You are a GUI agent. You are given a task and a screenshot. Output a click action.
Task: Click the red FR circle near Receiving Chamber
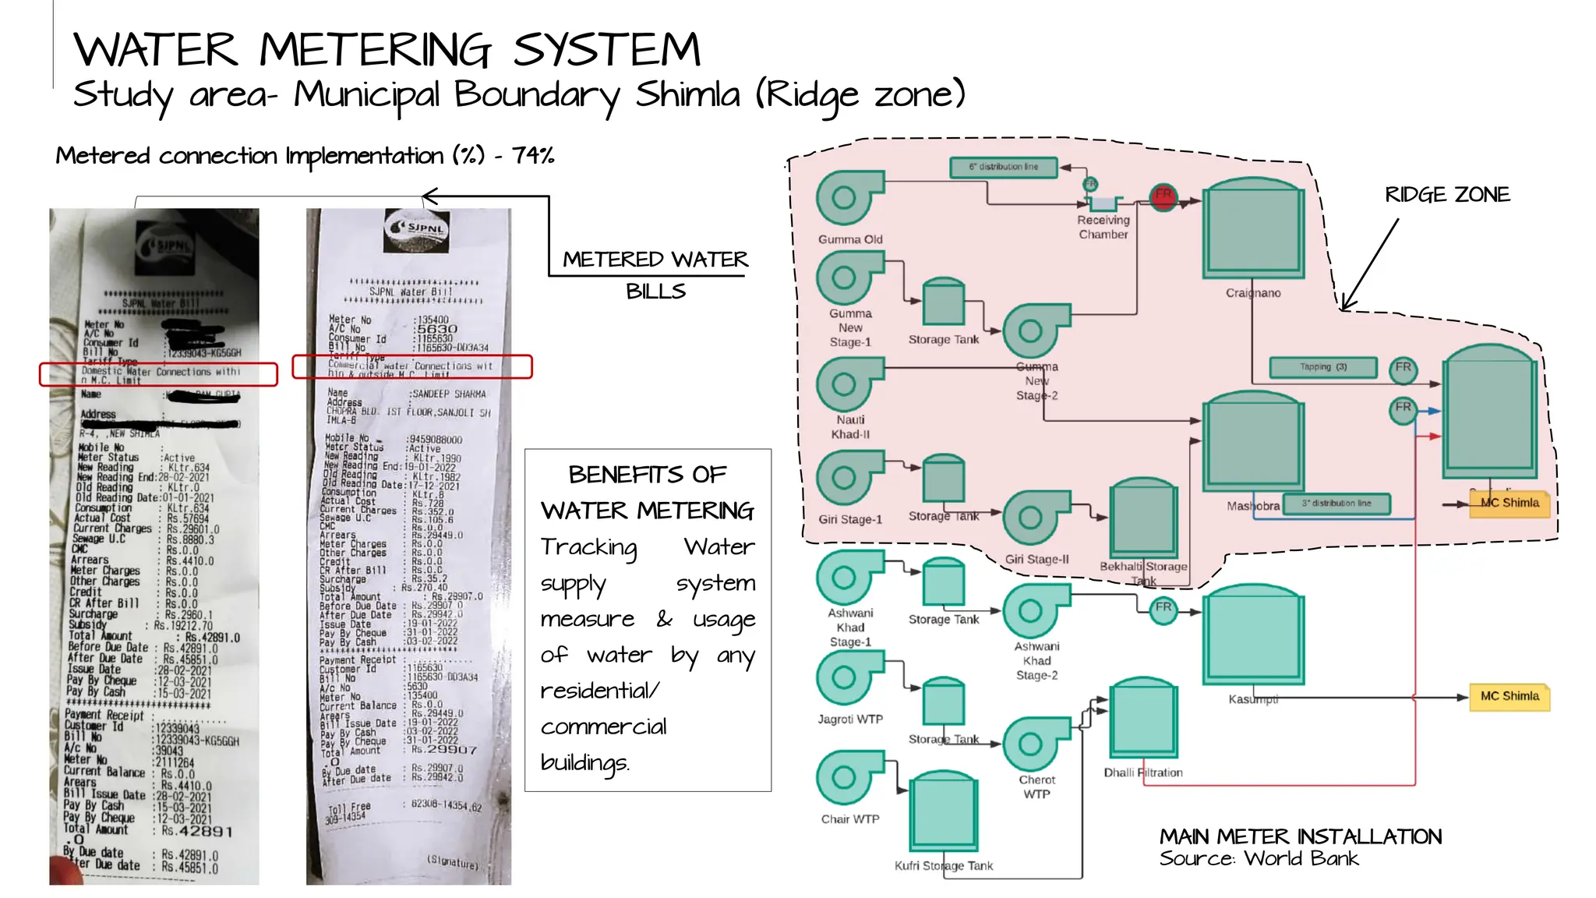click(1163, 197)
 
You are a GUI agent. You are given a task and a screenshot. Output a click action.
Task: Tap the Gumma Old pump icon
click(846, 198)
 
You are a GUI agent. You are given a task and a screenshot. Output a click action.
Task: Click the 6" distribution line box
click(1004, 167)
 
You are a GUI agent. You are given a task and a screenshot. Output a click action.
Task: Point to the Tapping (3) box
click(1322, 367)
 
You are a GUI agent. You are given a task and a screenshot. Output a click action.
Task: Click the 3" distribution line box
click(1336, 504)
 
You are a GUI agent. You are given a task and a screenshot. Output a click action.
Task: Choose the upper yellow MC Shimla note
click(1509, 503)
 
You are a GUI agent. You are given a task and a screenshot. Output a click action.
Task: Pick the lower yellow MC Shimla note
click(1509, 696)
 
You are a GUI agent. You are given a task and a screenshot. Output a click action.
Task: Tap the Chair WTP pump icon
click(846, 777)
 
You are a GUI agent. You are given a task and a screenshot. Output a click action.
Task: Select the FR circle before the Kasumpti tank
click(1163, 608)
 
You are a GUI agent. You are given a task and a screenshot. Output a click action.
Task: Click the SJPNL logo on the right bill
click(417, 228)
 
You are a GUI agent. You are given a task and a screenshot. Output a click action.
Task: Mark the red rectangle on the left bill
click(158, 374)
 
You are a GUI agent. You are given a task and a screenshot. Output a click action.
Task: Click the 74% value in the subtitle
click(533, 155)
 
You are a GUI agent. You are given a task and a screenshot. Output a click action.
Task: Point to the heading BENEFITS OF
click(647, 474)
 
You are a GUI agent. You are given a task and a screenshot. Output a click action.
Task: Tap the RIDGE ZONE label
click(1446, 195)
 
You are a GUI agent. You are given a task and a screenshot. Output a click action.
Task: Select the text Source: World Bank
click(1258, 859)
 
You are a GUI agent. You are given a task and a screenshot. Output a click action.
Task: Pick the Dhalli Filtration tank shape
click(1142, 718)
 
